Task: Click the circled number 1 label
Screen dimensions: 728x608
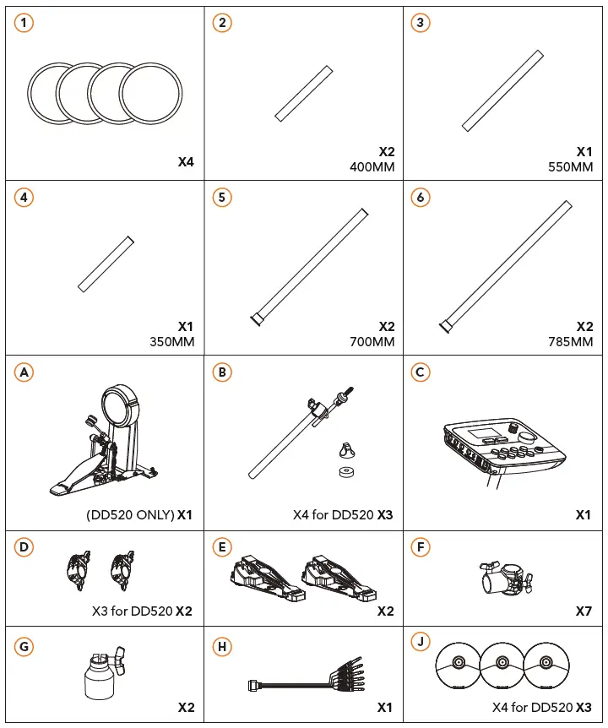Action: click(x=24, y=23)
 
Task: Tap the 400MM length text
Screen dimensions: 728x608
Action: click(x=372, y=167)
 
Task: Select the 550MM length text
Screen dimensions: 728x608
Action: click(x=571, y=167)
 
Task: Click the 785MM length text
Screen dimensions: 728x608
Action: click(x=571, y=341)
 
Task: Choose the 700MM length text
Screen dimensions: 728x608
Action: click(x=372, y=341)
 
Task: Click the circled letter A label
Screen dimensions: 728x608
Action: click(x=24, y=372)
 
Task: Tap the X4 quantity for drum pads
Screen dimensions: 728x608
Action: click(x=186, y=161)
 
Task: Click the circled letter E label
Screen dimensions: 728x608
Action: click(x=223, y=547)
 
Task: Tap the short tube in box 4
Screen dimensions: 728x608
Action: click(x=106, y=263)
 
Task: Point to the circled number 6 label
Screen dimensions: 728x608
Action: click(x=421, y=198)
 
